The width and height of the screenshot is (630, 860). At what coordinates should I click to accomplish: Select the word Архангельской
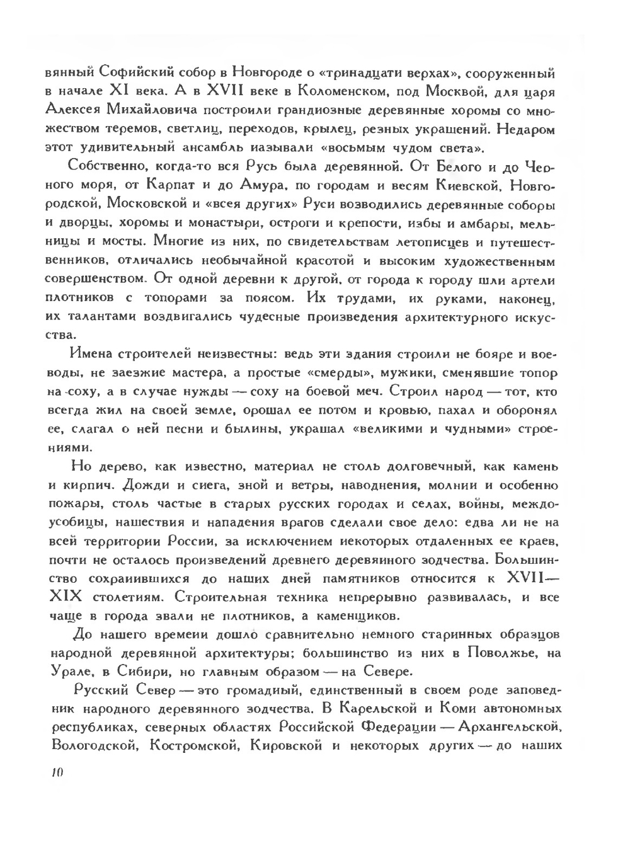tap(510, 728)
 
